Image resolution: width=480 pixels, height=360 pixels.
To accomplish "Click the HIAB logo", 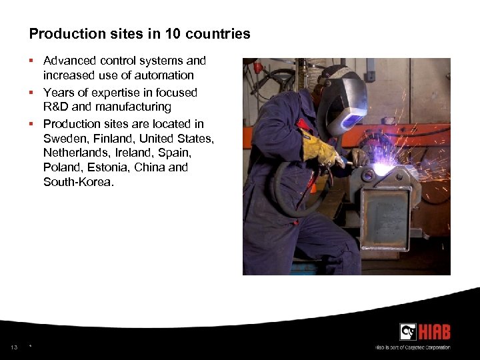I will [425, 331].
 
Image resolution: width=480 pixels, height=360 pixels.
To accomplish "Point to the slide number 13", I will [14, 347].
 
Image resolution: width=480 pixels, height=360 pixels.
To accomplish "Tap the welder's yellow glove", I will [319, 149].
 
